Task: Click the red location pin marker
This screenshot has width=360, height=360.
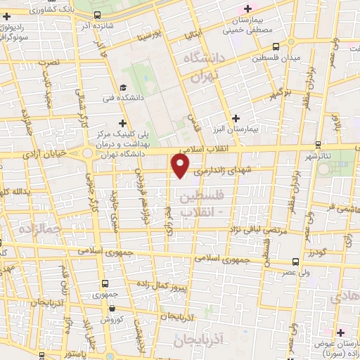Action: click(181, 166)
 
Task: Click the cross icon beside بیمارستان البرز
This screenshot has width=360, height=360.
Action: click(236, 117)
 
